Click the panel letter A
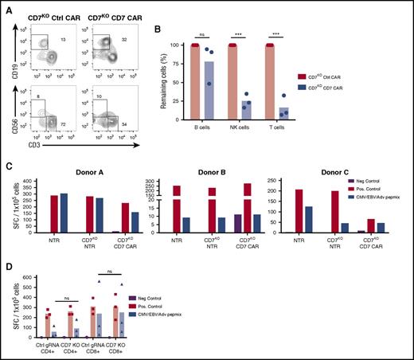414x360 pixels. point(6,6)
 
